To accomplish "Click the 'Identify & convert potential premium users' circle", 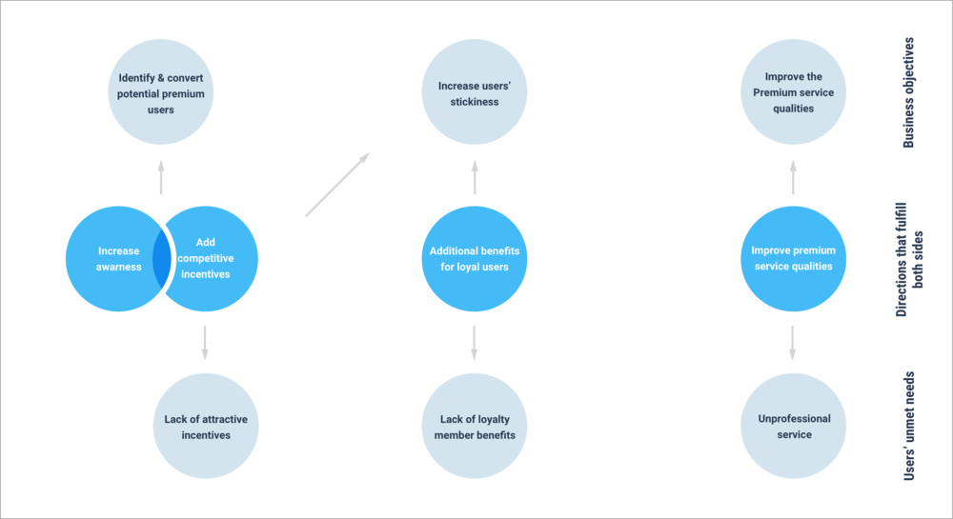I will tap(160, 94).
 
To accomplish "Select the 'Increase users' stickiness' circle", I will tap(475, 93).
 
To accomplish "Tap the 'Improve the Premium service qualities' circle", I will tap(793, 92).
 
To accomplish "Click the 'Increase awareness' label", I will tap(119, 259).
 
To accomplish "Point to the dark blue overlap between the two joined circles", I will tap(161, 259).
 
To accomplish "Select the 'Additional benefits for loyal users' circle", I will tap(475, 259).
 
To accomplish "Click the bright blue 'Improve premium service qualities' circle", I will tap(793, 259).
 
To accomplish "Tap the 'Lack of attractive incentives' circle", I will tap(206, 427).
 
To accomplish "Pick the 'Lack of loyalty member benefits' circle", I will tap(475, 427).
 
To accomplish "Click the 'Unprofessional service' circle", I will tap(793, 427).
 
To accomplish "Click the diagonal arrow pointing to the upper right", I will tap(337, 184).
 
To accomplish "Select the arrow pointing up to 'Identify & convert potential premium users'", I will tap(161, 177).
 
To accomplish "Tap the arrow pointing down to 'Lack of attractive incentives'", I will tap(205, 343).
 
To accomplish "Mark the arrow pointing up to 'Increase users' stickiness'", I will tap(475, 177).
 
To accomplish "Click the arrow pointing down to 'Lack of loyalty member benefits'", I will tap(475, 343).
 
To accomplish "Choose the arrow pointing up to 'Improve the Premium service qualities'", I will tap(793, 177).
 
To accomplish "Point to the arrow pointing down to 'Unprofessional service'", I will tap(793, 343).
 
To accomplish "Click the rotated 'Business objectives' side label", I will tap(908, 92).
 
